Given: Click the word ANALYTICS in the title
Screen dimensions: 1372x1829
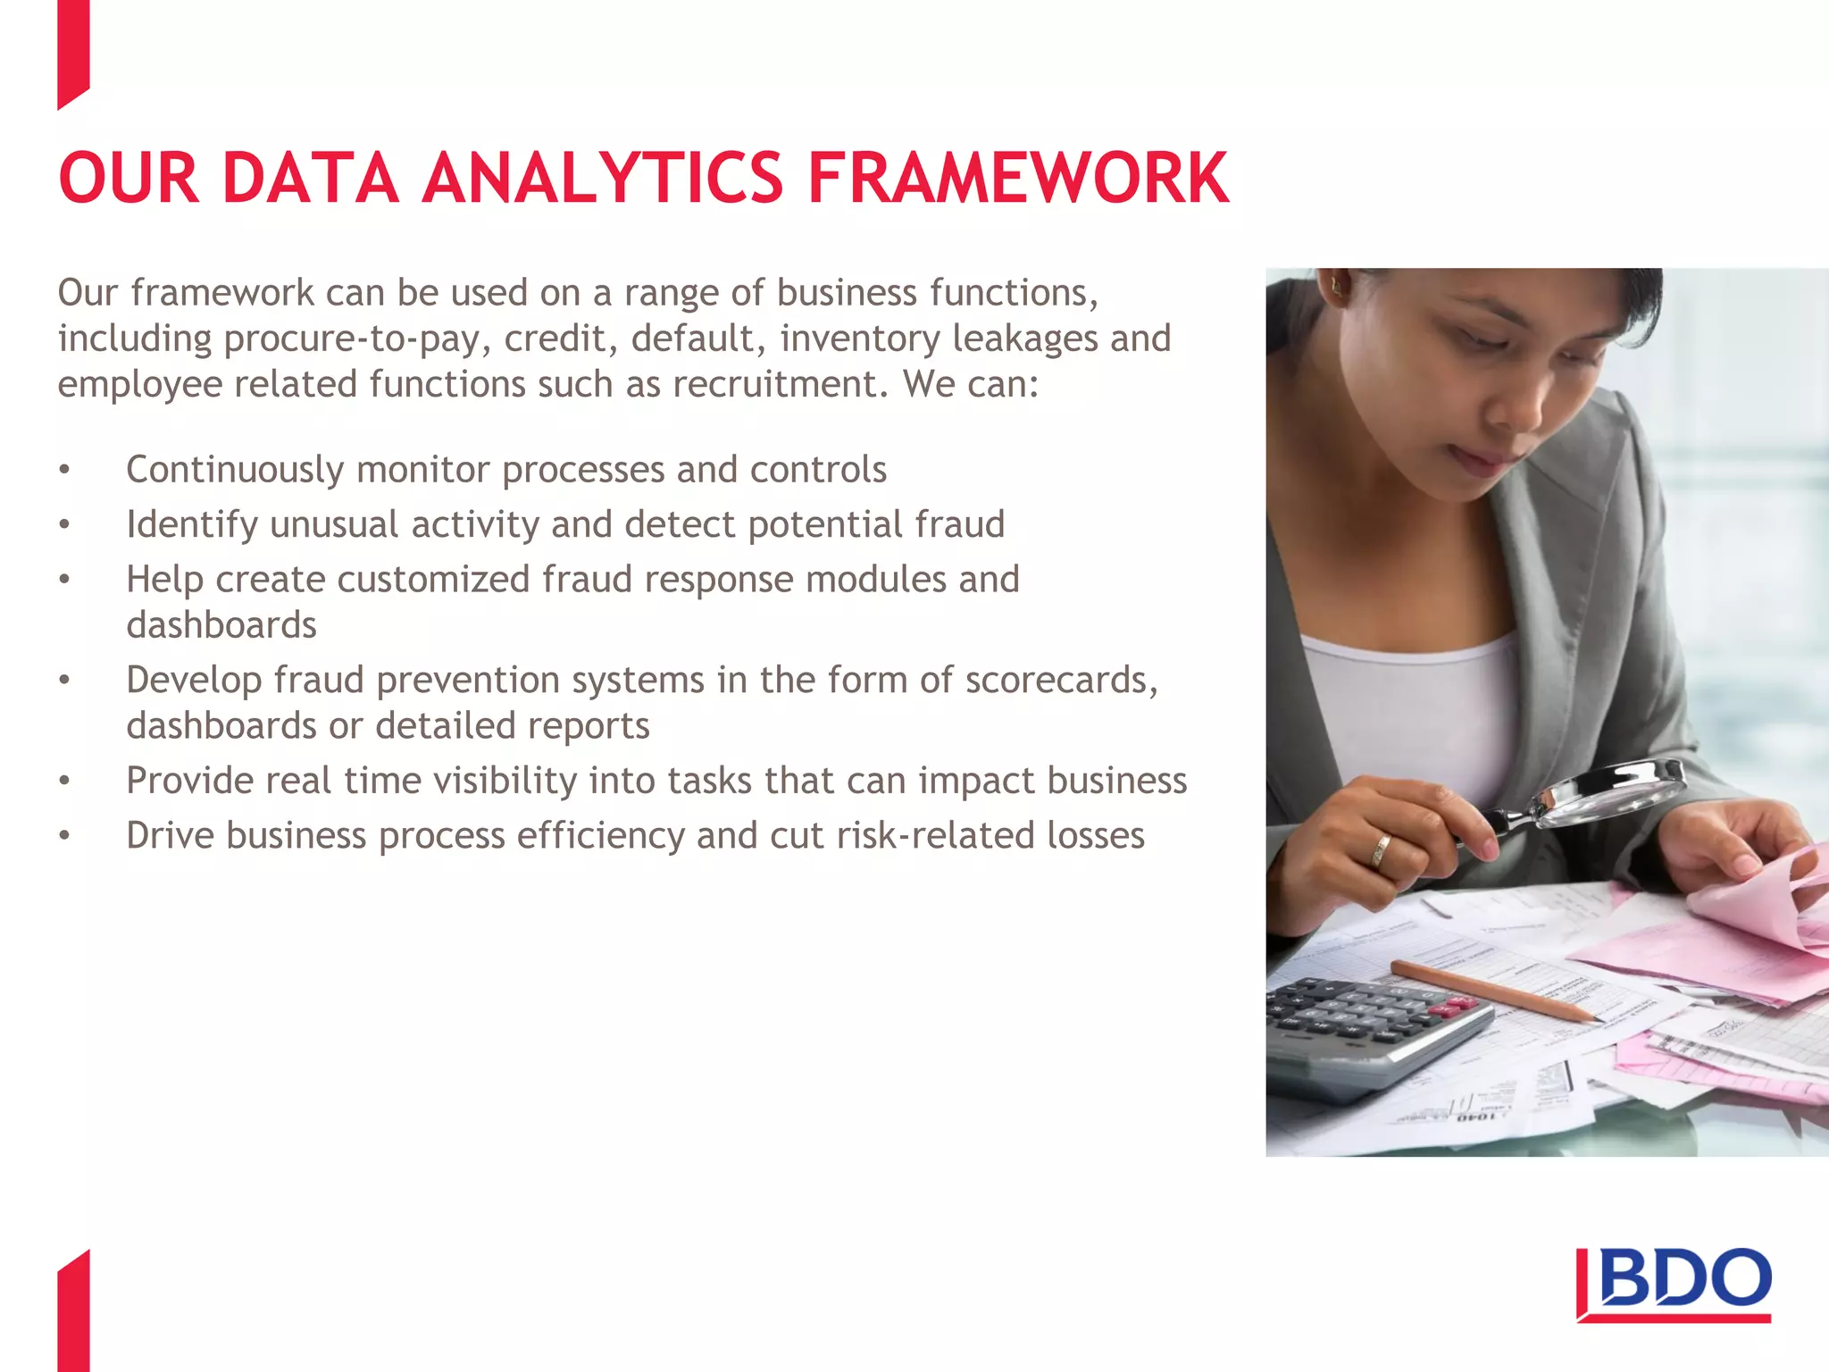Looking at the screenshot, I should [603, 178].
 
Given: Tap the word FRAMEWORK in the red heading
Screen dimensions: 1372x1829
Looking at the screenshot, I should [1018, 178].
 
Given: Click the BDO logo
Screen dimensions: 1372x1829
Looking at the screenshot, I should [1674, 1284].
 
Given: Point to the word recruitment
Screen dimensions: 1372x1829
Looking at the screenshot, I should [779, 384].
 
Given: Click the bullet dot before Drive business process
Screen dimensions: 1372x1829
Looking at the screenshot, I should [64, 836].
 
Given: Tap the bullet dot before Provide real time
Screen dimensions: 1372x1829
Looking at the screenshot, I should [64, 782].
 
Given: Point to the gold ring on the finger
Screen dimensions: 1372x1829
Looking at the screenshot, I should [1381, 850].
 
